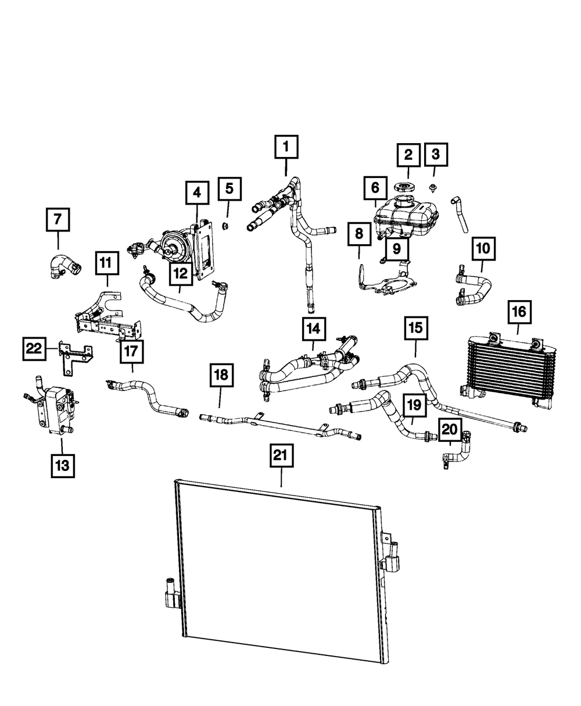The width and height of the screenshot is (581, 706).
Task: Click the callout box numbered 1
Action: point(286,147)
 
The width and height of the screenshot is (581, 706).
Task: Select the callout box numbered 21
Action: point(282,457)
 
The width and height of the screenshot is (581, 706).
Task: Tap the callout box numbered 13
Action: point(62,465)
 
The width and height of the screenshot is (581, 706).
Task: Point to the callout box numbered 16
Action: point(518,312)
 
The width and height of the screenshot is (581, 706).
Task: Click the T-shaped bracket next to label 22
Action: point(74,359)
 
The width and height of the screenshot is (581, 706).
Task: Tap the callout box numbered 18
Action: point(221,376)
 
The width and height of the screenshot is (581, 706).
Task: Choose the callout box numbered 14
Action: point(313,329)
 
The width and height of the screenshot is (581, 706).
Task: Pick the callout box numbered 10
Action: point(483,249)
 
